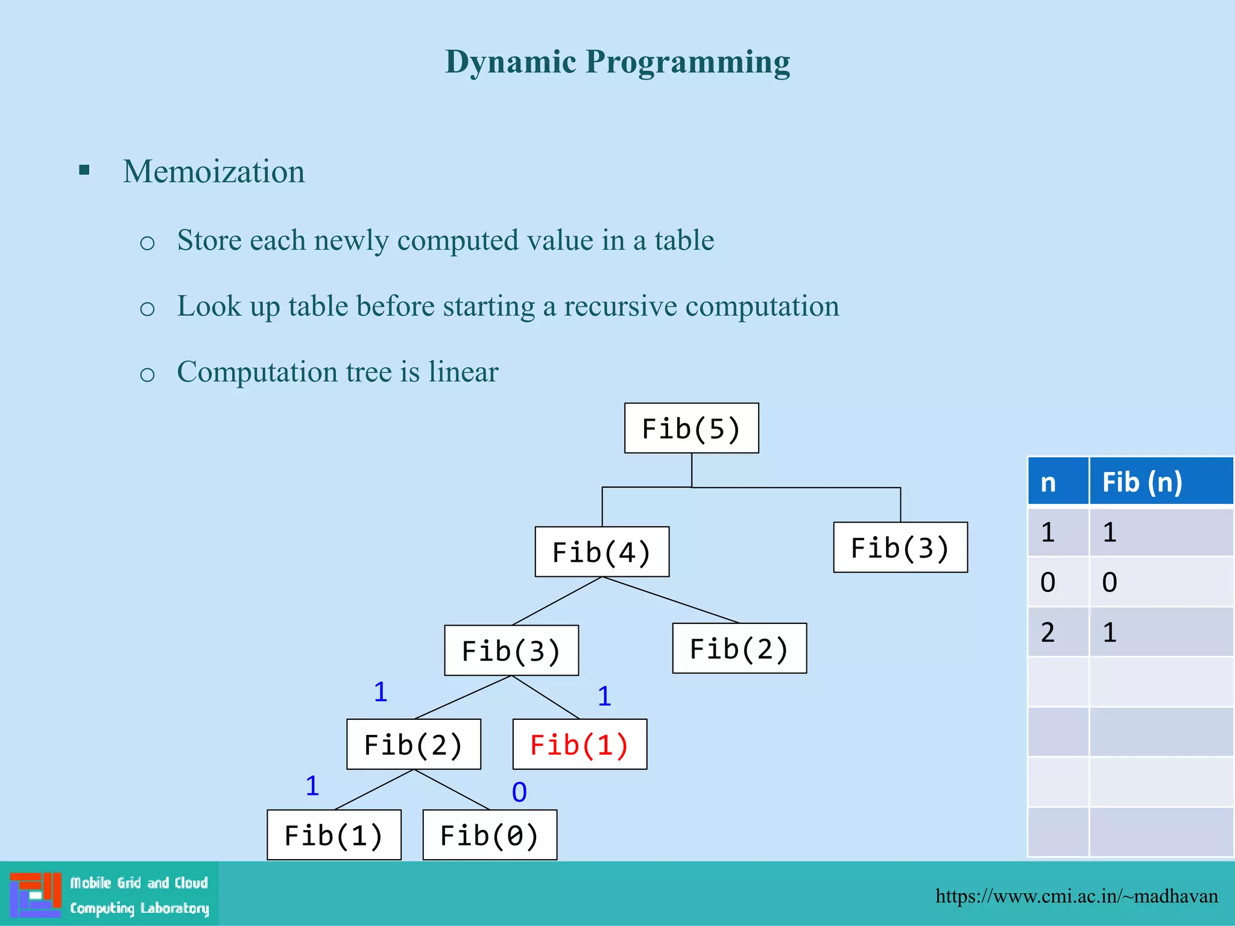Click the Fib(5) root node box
(x=691, y=428)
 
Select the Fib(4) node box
(x=602, y=552)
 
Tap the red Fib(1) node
(x=580, y=744)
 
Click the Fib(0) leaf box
(x=490, y=835)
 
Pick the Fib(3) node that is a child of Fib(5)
(x=900, y=547)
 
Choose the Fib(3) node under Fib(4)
(x=511, y=650)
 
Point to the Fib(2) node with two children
(x=414, y=744)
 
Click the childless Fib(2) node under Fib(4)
(x=739, y=649)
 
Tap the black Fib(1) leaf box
(x=334, y=835)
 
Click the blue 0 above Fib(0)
(x=519, y=792)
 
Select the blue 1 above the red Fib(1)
(x=604, y=696)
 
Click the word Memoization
(x=214, y=172)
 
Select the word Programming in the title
(x=687, y=63)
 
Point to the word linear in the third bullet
(x=463, y=371)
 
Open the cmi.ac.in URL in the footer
(x=1076, y=896)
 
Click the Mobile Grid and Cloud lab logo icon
(x=36, y=895)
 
